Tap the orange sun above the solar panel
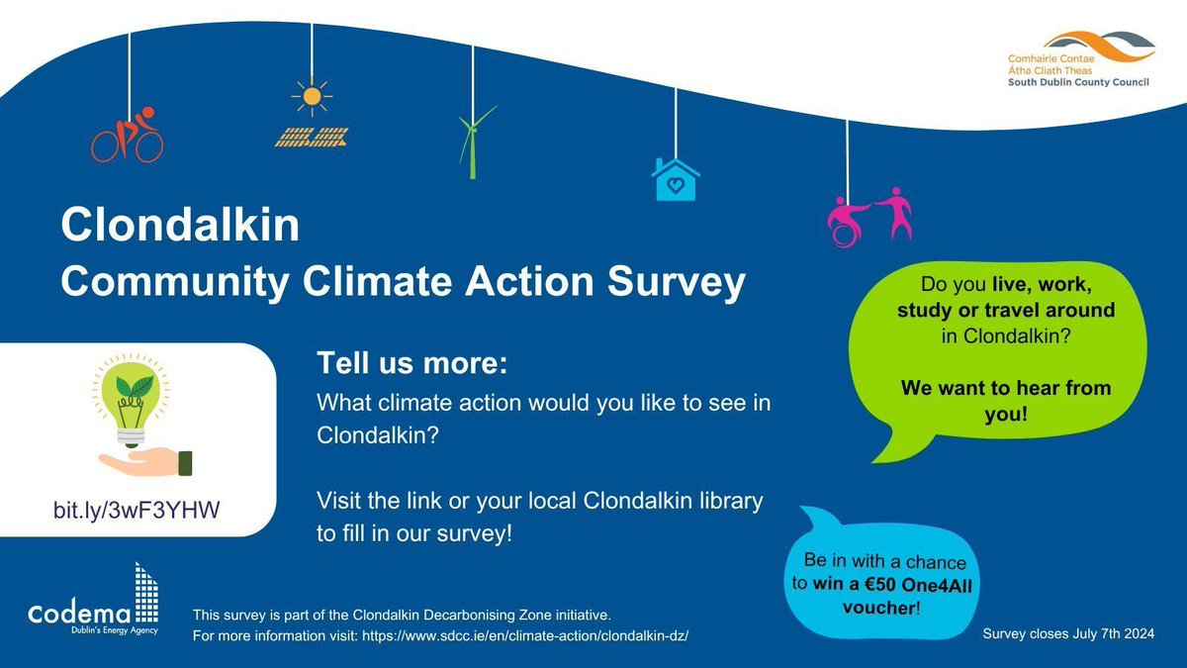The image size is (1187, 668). pyautogui.click(x=313, y=97)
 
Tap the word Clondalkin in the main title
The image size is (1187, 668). pyautogui.click(x=179, y=226)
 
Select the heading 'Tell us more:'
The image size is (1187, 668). pyautogui.click(x=411, y=363)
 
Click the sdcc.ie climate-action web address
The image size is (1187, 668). pyautogui.click(x=539, y=634)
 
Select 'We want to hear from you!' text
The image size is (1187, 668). pyautogui.click(x=1005, y=401)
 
